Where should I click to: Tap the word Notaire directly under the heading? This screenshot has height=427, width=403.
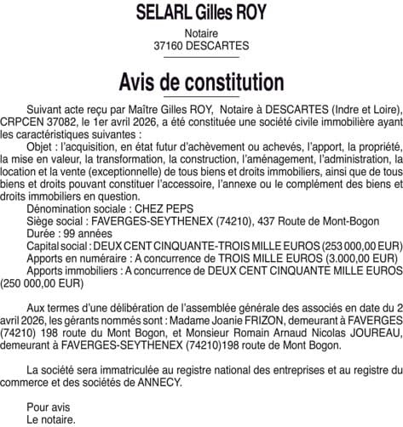coord(201,33)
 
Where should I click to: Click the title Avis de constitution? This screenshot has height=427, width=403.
coord(201,83)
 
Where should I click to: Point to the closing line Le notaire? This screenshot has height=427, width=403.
coord(51,418)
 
